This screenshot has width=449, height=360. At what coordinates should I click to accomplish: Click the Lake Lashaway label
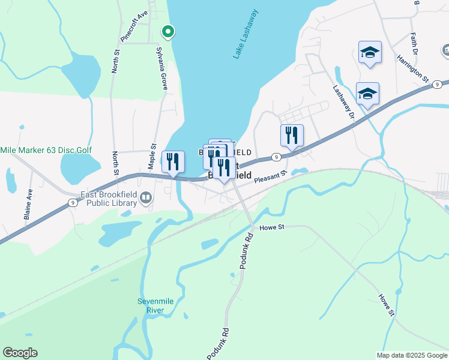(x=246, y=34)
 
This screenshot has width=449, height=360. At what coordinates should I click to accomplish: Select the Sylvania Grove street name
(x=161, y=68)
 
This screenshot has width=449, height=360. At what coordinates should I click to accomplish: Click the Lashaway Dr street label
(x=344, y=103)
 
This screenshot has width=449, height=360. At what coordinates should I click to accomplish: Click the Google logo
(x=20, y=353)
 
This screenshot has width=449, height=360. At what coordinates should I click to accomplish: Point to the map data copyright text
(x=412, y=355)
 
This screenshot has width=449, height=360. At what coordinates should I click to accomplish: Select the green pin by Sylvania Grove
(x=169, y=31)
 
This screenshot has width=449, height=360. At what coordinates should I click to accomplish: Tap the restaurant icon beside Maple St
(x=173, y=161)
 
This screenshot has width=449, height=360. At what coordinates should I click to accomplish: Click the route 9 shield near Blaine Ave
(x=72, y=203)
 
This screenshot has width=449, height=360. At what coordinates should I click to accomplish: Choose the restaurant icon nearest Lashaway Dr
(x=292, y=134)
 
